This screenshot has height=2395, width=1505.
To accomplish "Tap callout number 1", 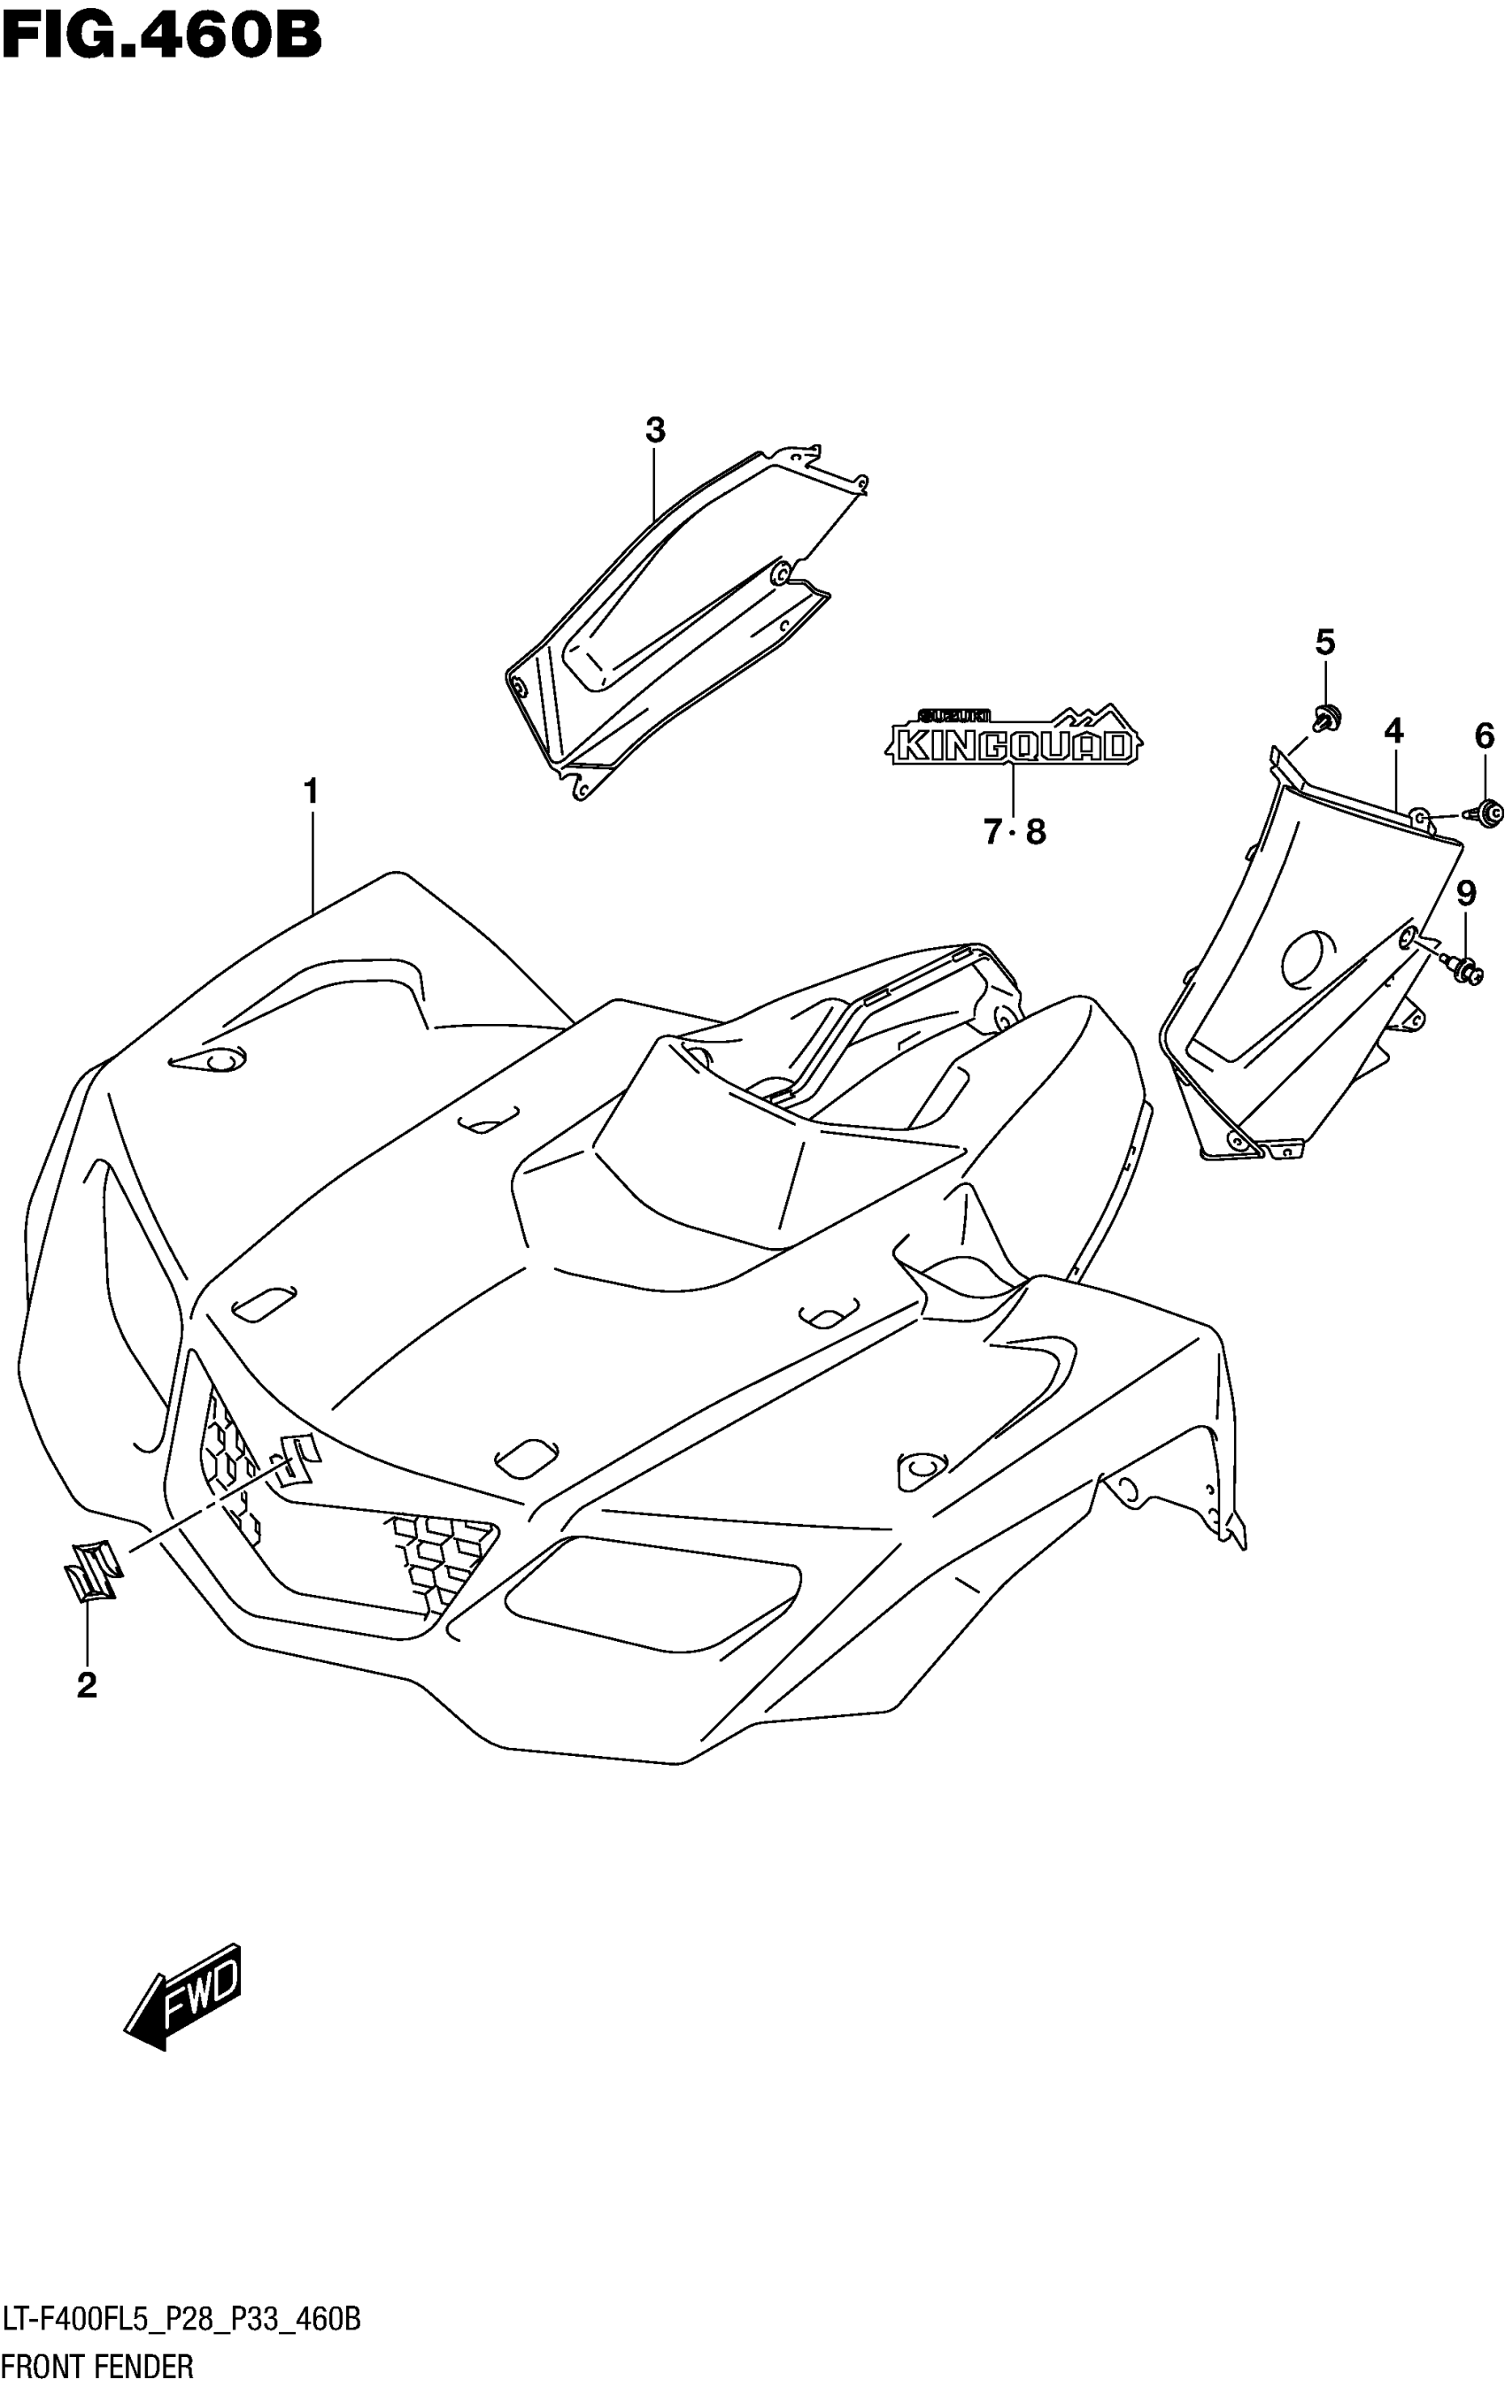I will tap(312, 792).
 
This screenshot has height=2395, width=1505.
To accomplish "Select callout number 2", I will tap(87, 1685).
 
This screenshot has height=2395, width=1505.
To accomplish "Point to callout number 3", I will tap(654, 431).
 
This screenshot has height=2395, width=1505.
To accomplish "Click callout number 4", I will tap(1393, 731).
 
